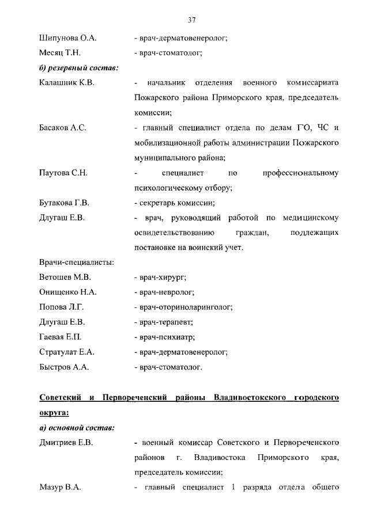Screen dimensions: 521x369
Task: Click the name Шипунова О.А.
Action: [x=67, y=39]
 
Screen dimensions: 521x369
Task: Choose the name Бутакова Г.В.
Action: [x=64, y=203]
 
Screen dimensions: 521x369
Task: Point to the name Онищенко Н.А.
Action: [x=67, y=292]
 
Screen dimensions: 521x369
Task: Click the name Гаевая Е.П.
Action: [x=60, y=337]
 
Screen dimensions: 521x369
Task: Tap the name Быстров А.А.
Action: [x=63, y=367]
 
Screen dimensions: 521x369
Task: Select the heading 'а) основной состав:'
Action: [x=77, y=428]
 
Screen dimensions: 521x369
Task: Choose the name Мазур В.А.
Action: [x=59, y=488]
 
